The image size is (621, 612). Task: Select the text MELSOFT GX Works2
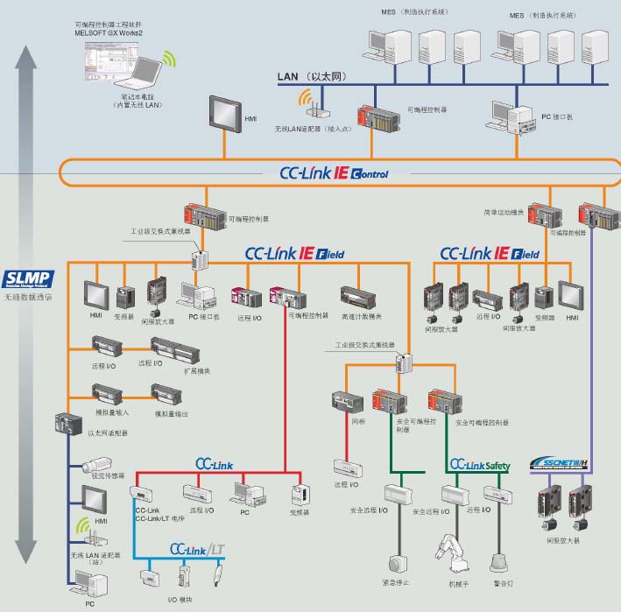(109, 32)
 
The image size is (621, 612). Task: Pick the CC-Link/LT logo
(201, 549)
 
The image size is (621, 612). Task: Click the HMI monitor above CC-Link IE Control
(225, 115)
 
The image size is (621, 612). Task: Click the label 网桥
(357, 421)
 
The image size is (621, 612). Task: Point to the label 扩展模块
(197, 371)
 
